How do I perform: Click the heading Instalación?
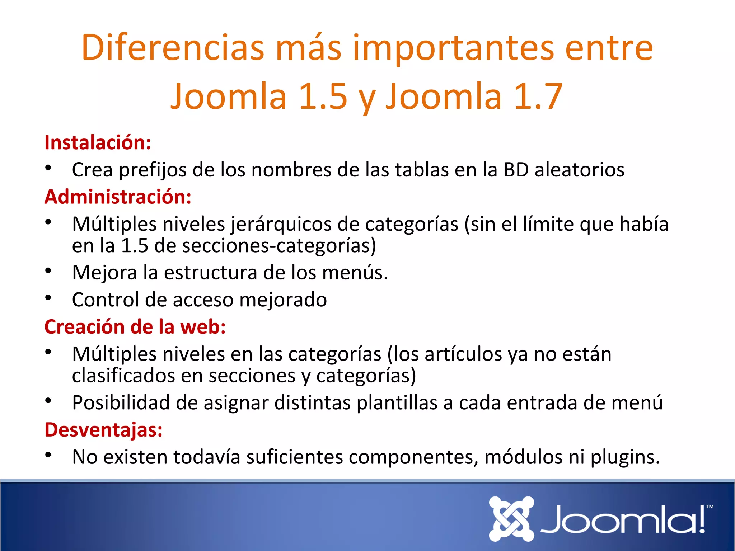(x=98, y=143)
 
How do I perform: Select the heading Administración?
(x=118, y=197)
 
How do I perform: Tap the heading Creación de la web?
(x=135, y=327)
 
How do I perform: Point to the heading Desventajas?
(x=103, y=429)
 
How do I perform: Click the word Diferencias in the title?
(x=173, y=48)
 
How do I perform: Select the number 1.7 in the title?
(x=538, y=96)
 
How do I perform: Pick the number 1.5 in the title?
(x=323, y=96)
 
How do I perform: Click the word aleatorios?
(x=579, y=170)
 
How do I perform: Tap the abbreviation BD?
(x=516, y=170)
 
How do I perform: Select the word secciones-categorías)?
(x=279, y=246)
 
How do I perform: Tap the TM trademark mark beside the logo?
(x=709, y=507)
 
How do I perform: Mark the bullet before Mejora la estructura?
(x=48, y=271)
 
